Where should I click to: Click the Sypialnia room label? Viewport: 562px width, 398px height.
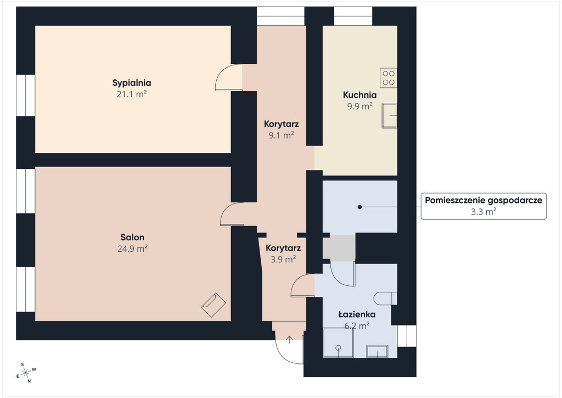[132, 83]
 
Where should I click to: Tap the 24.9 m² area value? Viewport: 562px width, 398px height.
[132, 248]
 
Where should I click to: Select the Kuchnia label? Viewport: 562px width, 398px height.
[359, 95]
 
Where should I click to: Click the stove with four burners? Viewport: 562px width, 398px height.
[389, 78]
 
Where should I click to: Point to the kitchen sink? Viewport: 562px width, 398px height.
[389, 115]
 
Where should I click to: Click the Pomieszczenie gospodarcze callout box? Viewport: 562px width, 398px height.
[484, 206]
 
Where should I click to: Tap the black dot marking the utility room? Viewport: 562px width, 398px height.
[359, 207]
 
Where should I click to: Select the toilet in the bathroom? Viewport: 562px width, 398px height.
[386, 298]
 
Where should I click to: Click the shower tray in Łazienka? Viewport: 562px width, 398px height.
[338, 342]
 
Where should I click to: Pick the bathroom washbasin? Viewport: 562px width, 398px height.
[377, 351]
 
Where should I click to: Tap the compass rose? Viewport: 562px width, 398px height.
[26, 373]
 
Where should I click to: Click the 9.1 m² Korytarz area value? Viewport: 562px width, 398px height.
[282, 135]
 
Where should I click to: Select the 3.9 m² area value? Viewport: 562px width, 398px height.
[283, 259]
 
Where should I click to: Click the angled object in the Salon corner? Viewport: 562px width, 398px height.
[213, 305]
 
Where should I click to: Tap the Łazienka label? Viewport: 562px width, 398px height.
[357, 314]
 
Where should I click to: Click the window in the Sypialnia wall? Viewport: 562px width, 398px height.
[26, 95]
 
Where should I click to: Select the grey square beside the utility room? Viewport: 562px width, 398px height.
[339, 248]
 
